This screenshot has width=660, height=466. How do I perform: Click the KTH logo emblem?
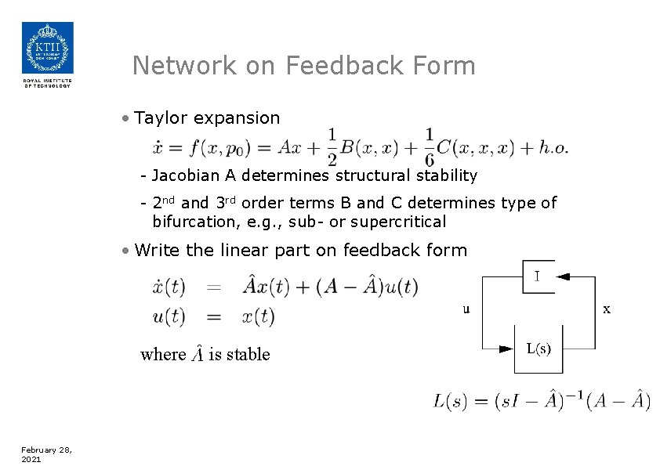tap(47, 48)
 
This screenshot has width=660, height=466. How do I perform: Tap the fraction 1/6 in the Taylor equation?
tap(430, 146)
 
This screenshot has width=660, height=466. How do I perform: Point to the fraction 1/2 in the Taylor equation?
tap(332, 146)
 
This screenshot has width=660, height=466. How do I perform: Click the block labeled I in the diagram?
tap(538, 276)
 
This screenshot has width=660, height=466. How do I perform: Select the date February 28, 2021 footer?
tap(46, 454)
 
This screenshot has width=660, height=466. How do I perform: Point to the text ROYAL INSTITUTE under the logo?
tap(47, 80)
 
